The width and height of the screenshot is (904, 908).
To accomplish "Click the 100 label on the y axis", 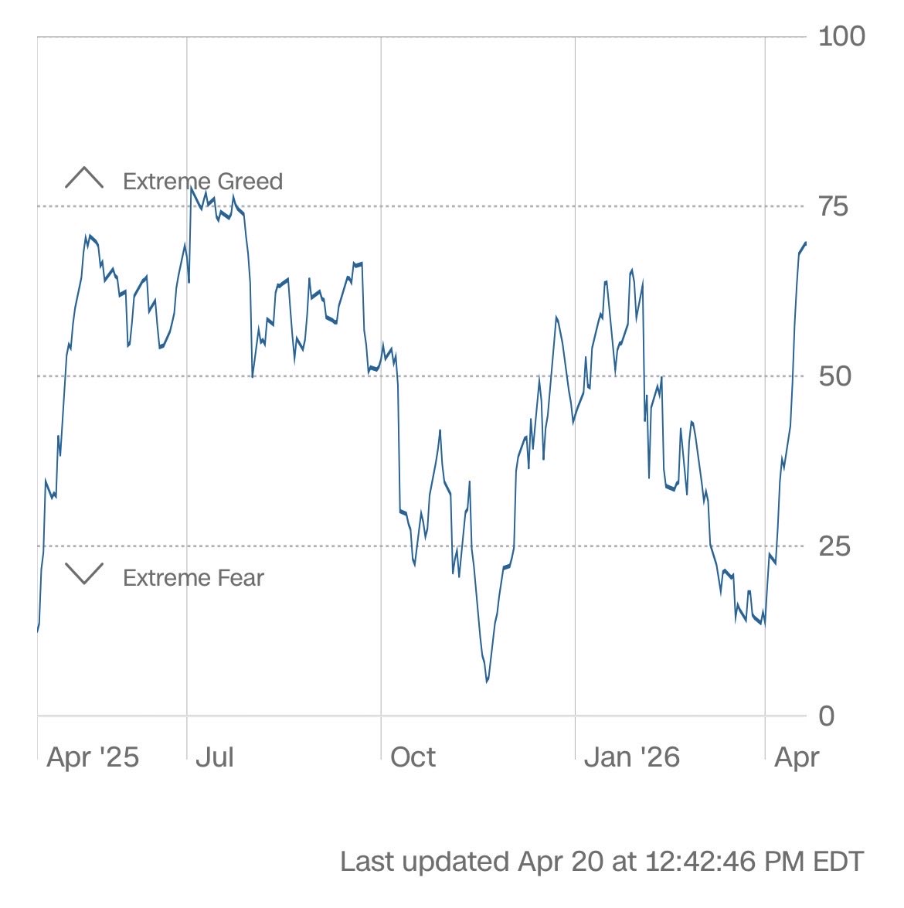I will [841, 36].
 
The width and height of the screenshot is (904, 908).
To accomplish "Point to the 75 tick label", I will [833, 206].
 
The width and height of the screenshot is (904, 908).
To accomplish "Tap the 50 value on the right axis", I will [834, 376].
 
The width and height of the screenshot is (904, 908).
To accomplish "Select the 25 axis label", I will [834, 546].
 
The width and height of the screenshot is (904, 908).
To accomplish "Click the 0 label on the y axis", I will [827, 716].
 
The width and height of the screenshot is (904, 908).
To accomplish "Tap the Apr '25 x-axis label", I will [93, 757].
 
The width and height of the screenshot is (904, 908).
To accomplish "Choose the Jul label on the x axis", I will [215, 757].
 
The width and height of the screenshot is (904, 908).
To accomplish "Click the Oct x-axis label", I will [413, 757].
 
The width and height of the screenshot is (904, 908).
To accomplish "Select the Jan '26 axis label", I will [631, 757].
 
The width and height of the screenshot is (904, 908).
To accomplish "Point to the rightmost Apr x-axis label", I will [796, 757].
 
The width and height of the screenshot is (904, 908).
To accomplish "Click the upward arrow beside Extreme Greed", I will [84, 179].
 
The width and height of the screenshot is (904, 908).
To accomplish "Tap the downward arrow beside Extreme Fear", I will [84, 573].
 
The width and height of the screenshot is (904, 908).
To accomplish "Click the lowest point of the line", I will [487, 682].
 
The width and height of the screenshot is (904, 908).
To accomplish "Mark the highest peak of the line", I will [191, 188].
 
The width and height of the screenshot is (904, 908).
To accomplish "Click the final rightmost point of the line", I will [806, 243].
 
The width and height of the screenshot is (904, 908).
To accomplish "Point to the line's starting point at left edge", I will [38, 631].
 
